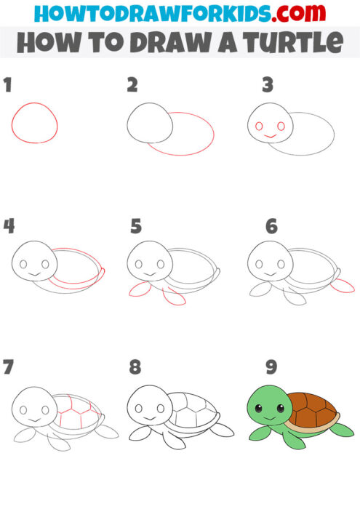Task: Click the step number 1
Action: tap(8, 85)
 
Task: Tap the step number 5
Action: tap(135, 227)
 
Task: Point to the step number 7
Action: tap(8, 368)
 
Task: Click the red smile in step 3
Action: tap(269, 136)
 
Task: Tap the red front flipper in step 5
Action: tap(137, 291)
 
